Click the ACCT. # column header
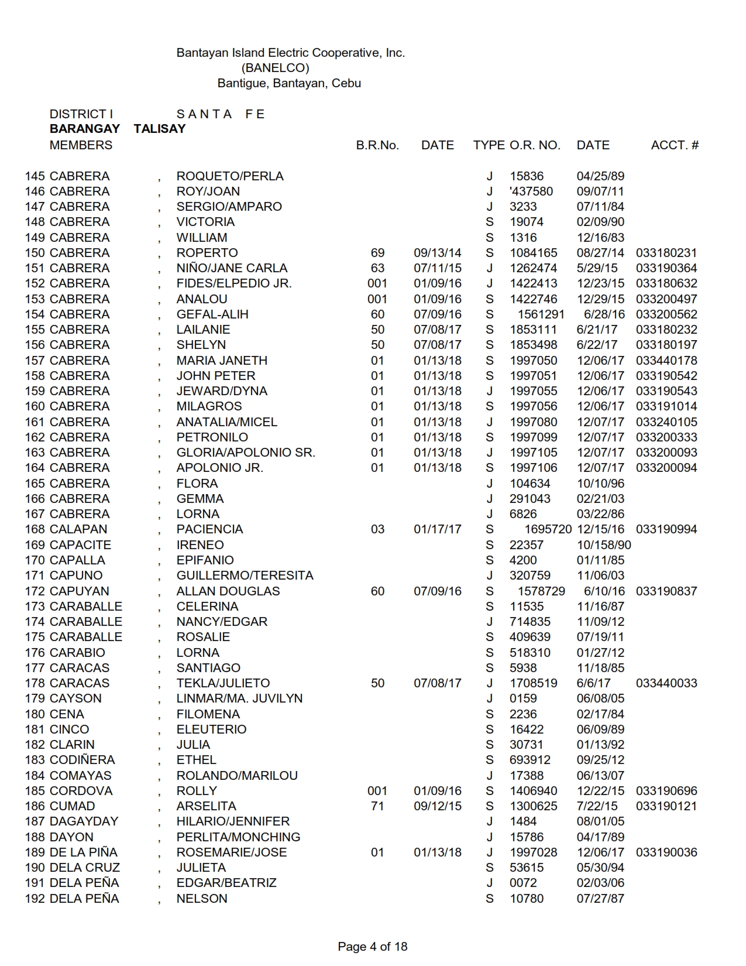[675, 145]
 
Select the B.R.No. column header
[377, 145]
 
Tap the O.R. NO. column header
[535, 145]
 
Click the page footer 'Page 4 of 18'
[372, 947]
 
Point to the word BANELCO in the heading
[275, 68]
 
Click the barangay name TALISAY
[159, 129]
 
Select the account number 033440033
[666, 683]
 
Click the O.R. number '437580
[531, 191]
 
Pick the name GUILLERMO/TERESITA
[245, 576]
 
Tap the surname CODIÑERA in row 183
[82, 760]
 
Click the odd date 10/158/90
[604, 545]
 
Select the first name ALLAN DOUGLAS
[228, 591]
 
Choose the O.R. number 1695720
[548, 529]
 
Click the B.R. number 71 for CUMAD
[377, 806]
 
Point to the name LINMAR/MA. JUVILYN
[239, 698]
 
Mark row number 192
[35, 899]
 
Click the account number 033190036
[666, 852]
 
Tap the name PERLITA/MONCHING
[238, 837]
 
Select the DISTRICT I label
[81, 114]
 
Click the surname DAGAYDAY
[84, 821]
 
